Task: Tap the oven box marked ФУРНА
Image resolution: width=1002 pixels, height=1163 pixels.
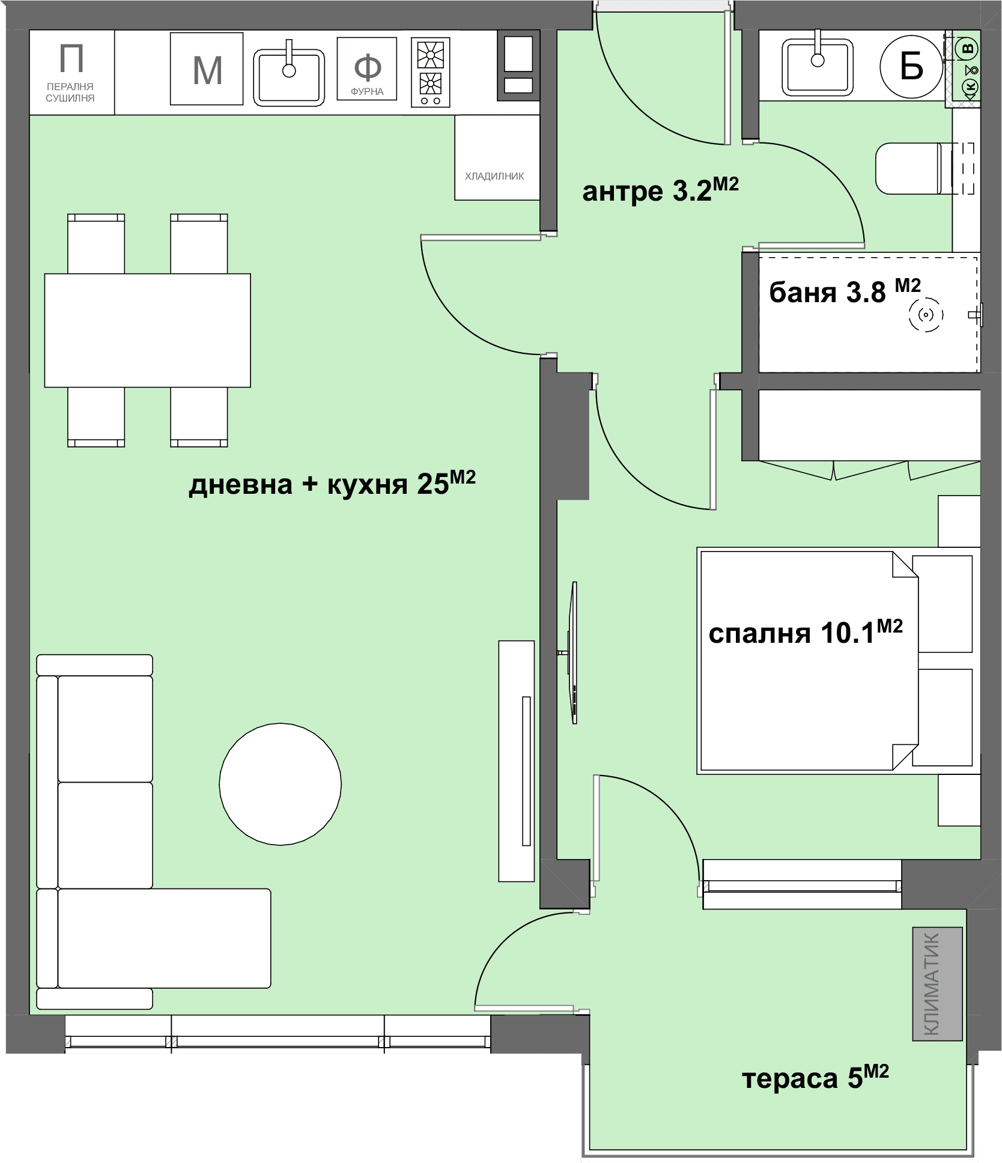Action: click(x=367, y=68)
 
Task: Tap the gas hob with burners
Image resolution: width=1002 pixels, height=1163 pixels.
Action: click(x=431, y=73)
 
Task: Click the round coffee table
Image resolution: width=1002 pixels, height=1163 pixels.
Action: click(x=280, y=784)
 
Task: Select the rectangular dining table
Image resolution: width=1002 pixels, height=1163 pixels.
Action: click(x=147, y=330)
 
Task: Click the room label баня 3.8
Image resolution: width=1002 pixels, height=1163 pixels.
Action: click(x=845, y=291)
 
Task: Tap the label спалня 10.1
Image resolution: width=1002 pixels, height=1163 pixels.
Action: click(x=806, y=633)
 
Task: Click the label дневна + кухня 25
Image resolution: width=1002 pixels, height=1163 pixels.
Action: click(x=332, y=484)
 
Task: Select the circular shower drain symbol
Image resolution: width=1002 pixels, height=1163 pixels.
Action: click(x=926, y=314)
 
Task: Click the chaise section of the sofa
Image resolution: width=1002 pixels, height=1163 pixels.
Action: click(x=154, y=938)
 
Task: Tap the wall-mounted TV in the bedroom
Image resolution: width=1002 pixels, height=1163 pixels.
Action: click(x=574, y=653)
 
